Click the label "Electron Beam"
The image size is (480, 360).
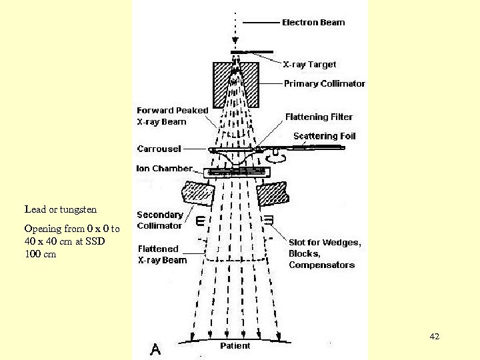click(x=313, y=23)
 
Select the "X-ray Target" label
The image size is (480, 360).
click(x=309, y=65)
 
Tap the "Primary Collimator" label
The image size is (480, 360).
click(x=325, y=84)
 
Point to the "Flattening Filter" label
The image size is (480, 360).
click(x=319, y=117)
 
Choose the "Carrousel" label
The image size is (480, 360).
click(x=159, y=149)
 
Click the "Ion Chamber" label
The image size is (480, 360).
click(x=164, y=169)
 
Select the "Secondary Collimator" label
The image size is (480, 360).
click(x=159, y=220)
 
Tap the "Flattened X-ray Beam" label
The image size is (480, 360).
click(x=162, y=255)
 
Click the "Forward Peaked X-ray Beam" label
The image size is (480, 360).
click(x=172, y=116)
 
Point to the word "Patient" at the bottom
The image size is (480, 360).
click(x=235, y=346)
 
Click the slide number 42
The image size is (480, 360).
click(x=435, y=337)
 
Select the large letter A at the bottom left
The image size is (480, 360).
click(x=155, y=347)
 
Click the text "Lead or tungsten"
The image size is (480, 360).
click(x=60, y=209)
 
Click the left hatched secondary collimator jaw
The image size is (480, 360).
click(x=198, y=193)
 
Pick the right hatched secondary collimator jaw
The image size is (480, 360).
click(x=271, y=193)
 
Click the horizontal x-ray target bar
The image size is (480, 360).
click(x=251, y=52)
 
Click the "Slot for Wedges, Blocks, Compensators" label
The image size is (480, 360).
click(x=325, y=254)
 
